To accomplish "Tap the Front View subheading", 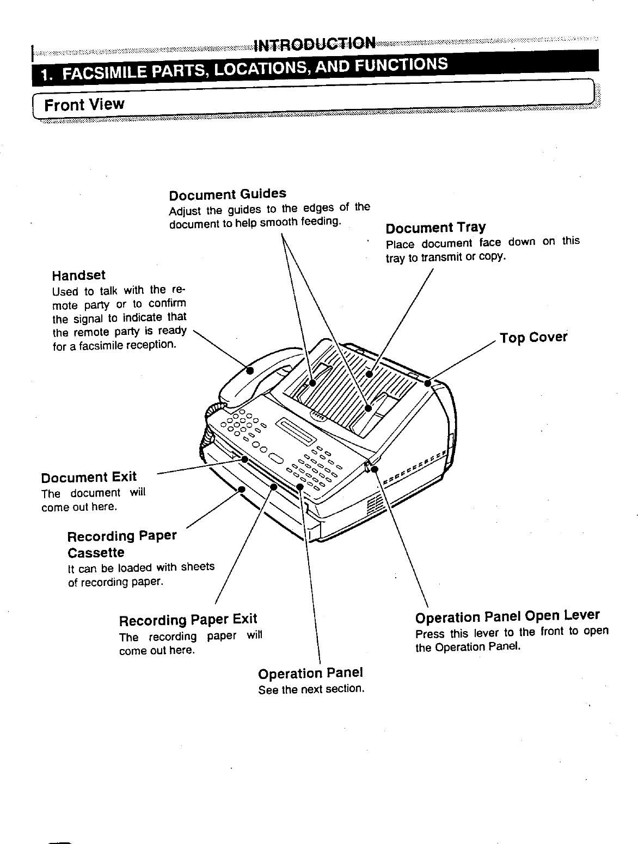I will point(84,103).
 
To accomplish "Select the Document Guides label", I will point(228,194).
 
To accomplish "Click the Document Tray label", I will point(435,227).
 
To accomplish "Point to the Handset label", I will point(79,275).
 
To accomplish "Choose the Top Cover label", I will point(533,338).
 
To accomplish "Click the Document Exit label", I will point(89,478).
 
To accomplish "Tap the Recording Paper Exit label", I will point(188,620).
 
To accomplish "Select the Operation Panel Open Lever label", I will point(507,616).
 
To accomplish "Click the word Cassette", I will point(96,553).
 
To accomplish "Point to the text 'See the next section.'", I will point(311,689).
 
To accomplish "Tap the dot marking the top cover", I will point(428,383).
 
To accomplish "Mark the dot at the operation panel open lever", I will point(374,468).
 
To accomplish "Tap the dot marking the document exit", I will point(245,459).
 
